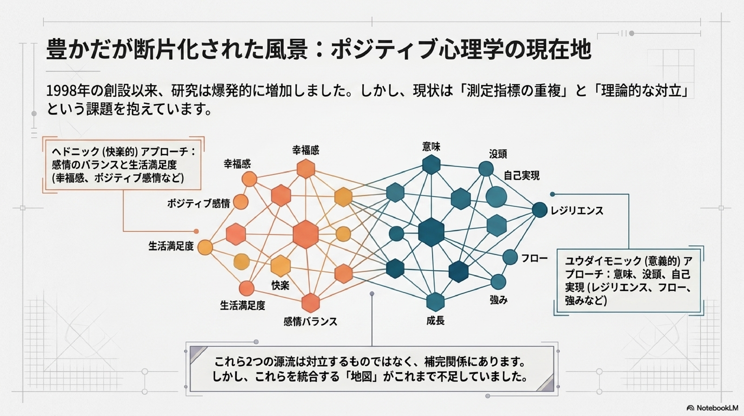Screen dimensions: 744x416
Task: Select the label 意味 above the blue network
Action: [x=431, y=147]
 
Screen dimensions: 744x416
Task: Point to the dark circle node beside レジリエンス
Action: [x=540, y=210]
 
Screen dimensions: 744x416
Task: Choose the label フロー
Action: [x=534, y=258]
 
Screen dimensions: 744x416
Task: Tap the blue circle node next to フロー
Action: [x=510, y=257]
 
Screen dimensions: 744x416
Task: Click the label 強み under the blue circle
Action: [x=499, y=300]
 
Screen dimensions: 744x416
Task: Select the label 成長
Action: [x=435, y=321]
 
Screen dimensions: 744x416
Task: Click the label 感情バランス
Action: [x=310, y=322]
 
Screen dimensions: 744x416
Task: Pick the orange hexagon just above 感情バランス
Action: [x=310, y=303]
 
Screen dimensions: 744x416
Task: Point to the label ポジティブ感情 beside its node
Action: [x=199, y=203]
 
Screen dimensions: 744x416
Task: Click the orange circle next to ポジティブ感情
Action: [x=241, y=202]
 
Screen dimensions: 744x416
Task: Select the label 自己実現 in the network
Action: [x=522, y=175]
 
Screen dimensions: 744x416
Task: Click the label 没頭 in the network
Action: [x=498, y=154]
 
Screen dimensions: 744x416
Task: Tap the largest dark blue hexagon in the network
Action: [x=431, y=232]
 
